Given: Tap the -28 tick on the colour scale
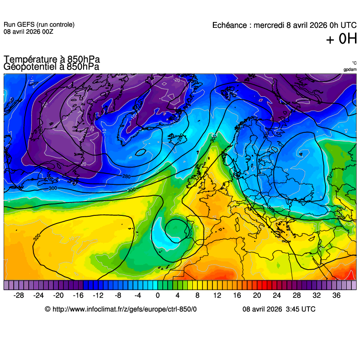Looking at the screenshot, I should [19, 296].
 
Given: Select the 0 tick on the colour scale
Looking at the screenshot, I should [158, 296].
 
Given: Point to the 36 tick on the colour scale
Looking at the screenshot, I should [336, 296].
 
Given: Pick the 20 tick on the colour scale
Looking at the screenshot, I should [257, 296].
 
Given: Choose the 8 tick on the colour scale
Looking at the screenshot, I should [197, 296].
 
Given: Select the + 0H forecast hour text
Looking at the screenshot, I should [341, 39].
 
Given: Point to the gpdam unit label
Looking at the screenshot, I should [350, 69].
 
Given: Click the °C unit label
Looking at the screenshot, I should [354, 63].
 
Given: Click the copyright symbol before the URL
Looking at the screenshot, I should [48, 309].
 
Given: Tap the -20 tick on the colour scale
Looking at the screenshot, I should [58, 296].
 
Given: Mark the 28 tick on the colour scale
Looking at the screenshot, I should [296, 296].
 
